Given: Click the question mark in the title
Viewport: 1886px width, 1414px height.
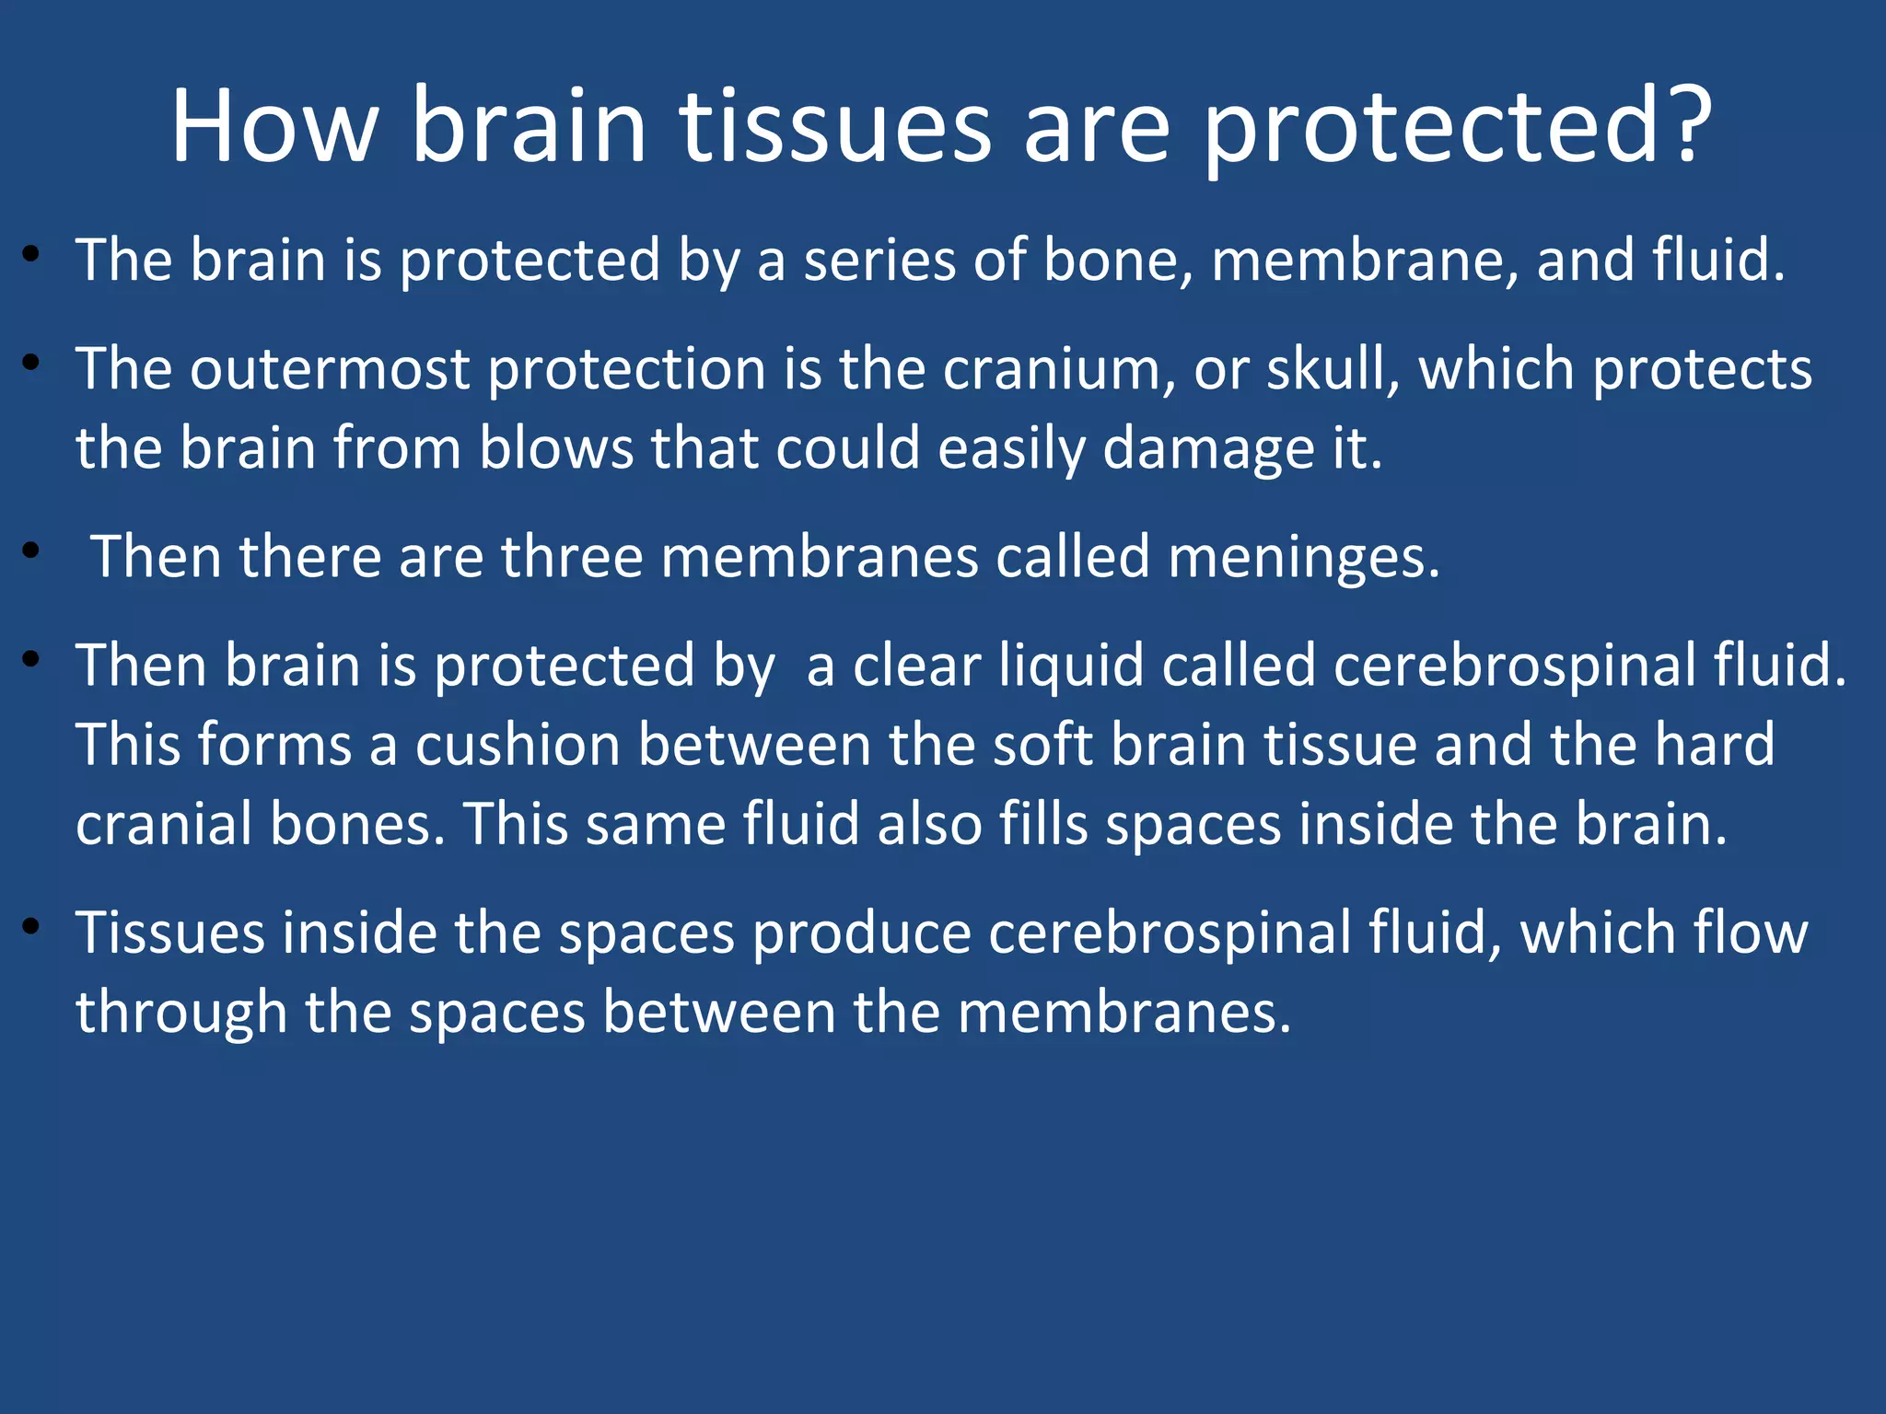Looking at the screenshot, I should coord(1691,125).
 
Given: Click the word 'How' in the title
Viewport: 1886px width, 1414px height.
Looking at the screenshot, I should coord(274,125).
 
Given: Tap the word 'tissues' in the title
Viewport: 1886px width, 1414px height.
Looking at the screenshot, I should coord(836,125).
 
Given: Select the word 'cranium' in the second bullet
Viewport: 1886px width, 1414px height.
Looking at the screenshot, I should coord(1059,370).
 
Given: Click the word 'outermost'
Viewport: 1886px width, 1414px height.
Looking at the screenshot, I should coord(330,370).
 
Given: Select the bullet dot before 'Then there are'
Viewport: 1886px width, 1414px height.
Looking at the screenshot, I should coord(32,551).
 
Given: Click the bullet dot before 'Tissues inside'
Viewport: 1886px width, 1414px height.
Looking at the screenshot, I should coord(32,927).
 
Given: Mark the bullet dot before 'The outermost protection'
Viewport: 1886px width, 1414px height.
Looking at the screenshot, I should coord(32,363).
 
